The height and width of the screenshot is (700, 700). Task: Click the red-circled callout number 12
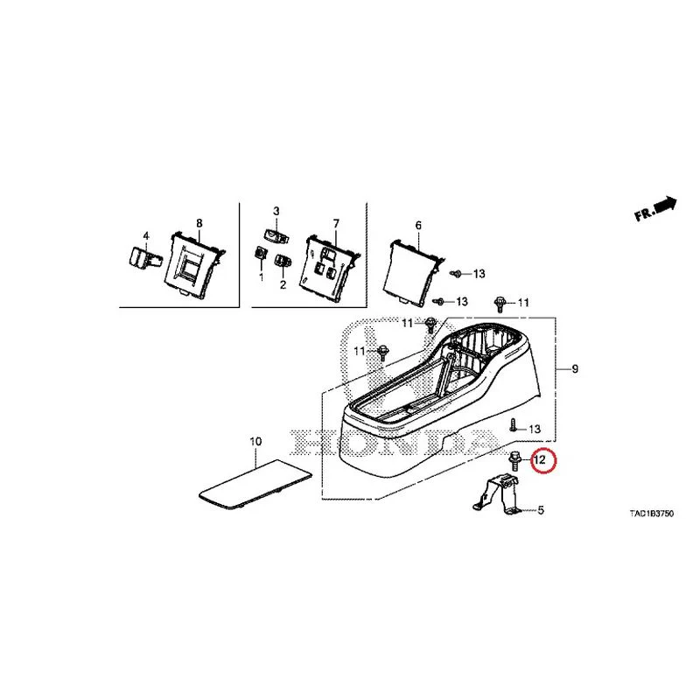pyautogui.click(x=540, y=459)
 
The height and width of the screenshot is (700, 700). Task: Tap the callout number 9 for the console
pyautogui.click(x=575, y=368)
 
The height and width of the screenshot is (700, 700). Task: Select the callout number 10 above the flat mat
pyautogui.click(x=255, y=442)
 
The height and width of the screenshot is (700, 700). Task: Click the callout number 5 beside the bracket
pyautogui.click(x=541, y=510)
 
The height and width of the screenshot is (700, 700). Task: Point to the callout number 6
pyautogui.click(x=418, y=226)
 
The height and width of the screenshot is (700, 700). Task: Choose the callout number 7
pyautogui.click(x=336, y=223)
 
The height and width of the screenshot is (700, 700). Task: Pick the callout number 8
pyautogui.click(x=199, y=223)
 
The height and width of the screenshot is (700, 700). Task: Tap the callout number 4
pyautogui.click(x=145, y=235)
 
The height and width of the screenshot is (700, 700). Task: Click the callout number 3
pyautogui.click(x=276, y=211)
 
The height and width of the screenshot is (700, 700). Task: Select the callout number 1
pyautogui.click(x=261, y=277)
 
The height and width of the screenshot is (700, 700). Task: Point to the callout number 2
pyautogui.click(x=283, y=284)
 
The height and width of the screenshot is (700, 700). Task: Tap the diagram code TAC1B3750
pyautogui.click(x=651, y=514)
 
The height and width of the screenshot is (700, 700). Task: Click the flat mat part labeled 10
pyautogui.click(x=255, y=485)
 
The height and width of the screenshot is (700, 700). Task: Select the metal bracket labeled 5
pyautogui.click(x=496, y=494)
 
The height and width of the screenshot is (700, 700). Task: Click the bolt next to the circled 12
pyautogui.click(x=514, y=461)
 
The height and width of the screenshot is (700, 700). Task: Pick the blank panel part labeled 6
pyautogui.click(x=414, y=272)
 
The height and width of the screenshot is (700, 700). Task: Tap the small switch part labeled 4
pyautogui.click(x=143, y=257)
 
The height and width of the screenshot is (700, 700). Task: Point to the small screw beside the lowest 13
pyautogui.click(x=513, y=425)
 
